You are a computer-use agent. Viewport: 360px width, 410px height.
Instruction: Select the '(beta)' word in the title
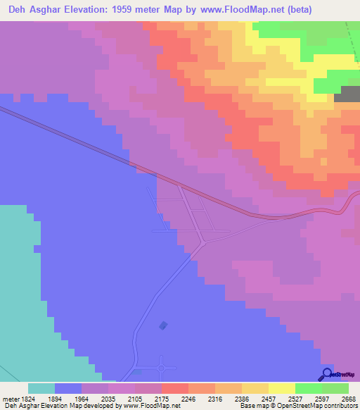295,9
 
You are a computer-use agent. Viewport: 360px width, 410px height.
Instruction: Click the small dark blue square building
164,325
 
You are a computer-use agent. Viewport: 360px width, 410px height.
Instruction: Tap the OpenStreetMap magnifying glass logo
327,374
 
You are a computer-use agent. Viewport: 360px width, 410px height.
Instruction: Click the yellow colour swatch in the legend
282,388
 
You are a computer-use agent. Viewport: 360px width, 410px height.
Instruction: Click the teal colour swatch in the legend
41,388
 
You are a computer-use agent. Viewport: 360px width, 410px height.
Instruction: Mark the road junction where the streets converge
203,242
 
